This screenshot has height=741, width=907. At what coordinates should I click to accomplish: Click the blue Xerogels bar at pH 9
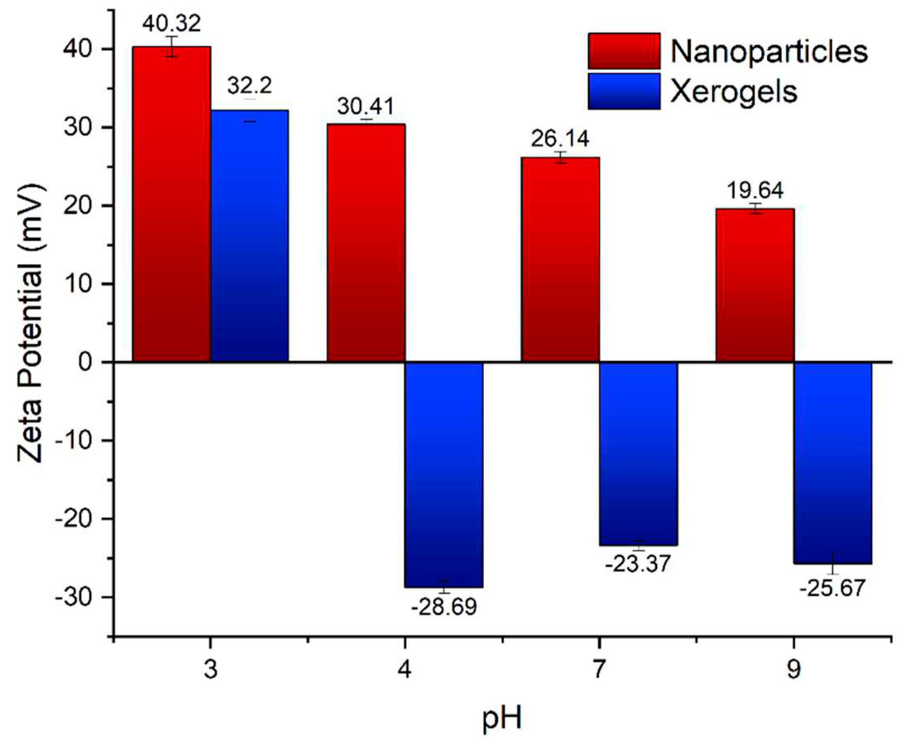[x=832, y=463]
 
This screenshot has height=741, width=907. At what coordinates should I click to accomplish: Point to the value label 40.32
[x=172, y=23]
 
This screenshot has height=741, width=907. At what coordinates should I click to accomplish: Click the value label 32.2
[x=249, y=86]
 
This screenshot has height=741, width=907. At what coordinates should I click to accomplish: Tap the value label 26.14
[x=560, y=139]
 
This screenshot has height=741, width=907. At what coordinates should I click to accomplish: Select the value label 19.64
[x=755, y=190]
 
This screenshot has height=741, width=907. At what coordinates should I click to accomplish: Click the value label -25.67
[x=832, y=588]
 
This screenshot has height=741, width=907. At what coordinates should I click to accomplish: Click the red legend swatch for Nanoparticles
[x=624, y=51]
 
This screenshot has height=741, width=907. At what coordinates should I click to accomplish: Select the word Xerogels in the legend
[x=733, y=92]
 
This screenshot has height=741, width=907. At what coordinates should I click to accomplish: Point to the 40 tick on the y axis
[x=82, y=50]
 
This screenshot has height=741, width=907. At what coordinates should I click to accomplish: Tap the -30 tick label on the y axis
[x=76, y=597]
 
